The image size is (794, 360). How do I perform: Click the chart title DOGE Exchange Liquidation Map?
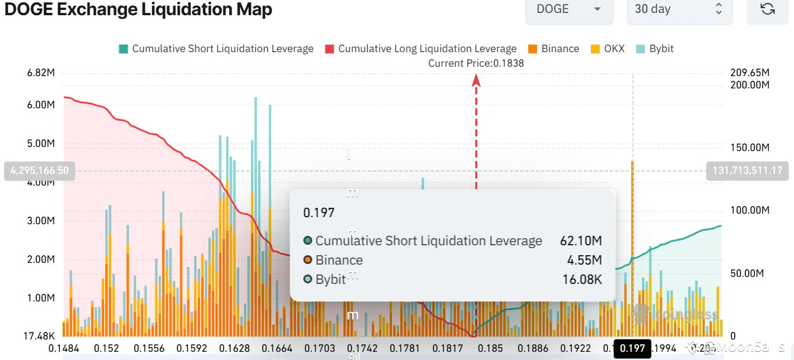pyautogui.click(x=138, y=9)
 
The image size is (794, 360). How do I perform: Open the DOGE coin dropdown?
pyautogui.click(x=569, y=9)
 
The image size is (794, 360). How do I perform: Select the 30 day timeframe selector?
pyautogui.click(x=679, y=9)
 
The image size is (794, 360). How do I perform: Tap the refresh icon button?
pyautogui.click(x=767, y=9)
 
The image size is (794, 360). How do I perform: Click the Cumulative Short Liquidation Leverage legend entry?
pyautogui.click(x=216, y=49)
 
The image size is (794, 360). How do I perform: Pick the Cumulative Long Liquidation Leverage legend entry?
pyautogui.click(x=421, y=49)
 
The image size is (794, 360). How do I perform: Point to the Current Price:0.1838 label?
pyautogui.click(x=476, y=63)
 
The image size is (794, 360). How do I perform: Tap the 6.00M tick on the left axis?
pyautogui.click(x=41, y=105)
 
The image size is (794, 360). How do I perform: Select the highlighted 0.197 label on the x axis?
pyautogui.click(x=632, y=349)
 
